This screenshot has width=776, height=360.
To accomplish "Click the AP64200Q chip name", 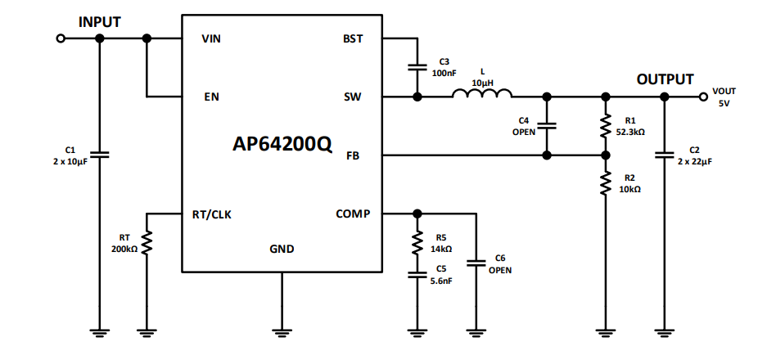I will tap(282, 145).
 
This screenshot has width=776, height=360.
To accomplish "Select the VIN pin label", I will tap(211, 38).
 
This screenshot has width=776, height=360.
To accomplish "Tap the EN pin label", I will tap(211, 97).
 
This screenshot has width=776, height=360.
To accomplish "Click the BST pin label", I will tap(353, 38).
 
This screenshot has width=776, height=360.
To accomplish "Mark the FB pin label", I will tap(353, 155).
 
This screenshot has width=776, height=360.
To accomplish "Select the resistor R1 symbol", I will tap(606, 126).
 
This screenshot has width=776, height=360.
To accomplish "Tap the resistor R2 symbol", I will tap(606, 183).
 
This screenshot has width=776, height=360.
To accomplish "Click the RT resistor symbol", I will tap(147, 243).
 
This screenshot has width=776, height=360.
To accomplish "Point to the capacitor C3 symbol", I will tap(417, 67).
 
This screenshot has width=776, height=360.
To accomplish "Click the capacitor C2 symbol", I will tap(665, 155).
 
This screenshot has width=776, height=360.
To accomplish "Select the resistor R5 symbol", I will tap(417, 242).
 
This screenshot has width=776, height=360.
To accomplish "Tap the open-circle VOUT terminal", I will tap(703, 97).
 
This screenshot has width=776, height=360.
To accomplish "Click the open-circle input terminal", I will tap(60, 38).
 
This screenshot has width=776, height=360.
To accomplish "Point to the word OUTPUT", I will tap(665, 79).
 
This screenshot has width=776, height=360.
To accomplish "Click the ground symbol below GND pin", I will tap(282, 331).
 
